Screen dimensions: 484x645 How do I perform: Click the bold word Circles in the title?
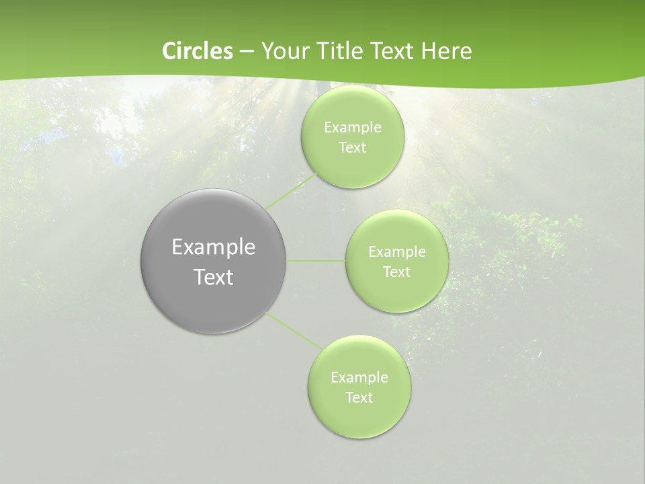[198, 51]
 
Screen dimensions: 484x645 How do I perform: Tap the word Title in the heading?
[339, 51]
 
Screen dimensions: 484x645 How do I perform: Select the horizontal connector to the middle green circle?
[316, 261]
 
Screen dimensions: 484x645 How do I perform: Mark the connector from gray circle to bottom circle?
[294, 331]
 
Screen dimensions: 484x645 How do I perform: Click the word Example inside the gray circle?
[214, 247]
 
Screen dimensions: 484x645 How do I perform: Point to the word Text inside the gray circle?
[214, 277]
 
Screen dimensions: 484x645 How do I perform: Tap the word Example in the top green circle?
[353, 128]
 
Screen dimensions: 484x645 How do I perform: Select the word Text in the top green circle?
[353, 148]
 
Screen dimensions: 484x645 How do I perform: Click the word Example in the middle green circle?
[397, 252]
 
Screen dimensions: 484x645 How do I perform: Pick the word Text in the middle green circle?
[397, 272]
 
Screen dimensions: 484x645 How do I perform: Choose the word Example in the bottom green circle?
[359, 378]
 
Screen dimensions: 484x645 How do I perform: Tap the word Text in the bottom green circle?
[359, 398]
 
